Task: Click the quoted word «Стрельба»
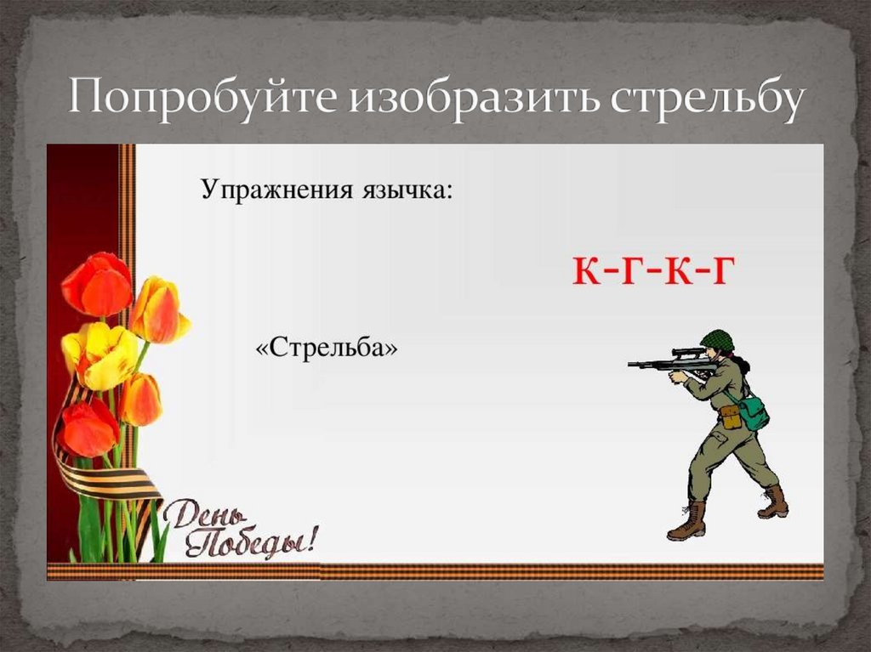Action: point(327,349)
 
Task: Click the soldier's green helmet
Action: point(717,340)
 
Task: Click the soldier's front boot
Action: point(687,521)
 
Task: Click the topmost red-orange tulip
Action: point(97,283)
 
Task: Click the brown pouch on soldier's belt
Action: point(730,416)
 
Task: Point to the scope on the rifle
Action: point(686,351)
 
